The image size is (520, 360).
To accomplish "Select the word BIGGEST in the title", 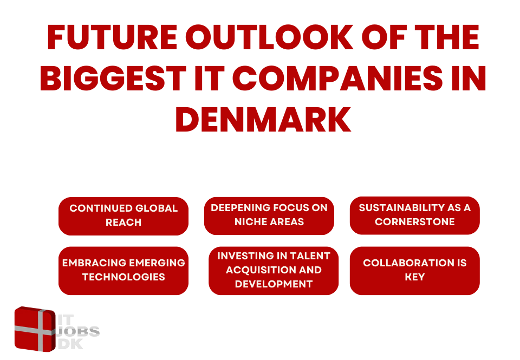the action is (x=113, y=78).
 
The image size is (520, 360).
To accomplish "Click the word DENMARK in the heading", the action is (x=263, y=119).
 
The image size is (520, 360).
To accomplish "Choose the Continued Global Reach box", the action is (x=123, y=216).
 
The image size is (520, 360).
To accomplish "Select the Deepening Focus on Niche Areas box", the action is (x=269, y=216).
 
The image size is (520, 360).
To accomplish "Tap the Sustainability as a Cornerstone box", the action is (x=414, y=215).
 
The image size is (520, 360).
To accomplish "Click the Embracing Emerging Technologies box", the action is (x=123, y=271).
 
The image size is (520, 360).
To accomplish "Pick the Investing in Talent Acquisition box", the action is (x=274, y=271).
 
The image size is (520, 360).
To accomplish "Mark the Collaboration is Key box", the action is (x=414, y=271).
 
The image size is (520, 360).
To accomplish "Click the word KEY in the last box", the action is (x=414, y=277).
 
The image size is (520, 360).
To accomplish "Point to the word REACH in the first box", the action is (x=123, y=222).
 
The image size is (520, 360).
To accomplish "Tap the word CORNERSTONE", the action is (x=414, y=221).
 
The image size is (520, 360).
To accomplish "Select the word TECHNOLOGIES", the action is (x=123, y=277).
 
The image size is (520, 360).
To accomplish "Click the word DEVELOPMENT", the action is (x=274, y=284).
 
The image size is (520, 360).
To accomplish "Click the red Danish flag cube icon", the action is (x=35, y=329).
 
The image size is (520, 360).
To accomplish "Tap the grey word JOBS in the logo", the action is (x=78, y=331).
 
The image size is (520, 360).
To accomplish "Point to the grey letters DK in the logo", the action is (x=70, y=344).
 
